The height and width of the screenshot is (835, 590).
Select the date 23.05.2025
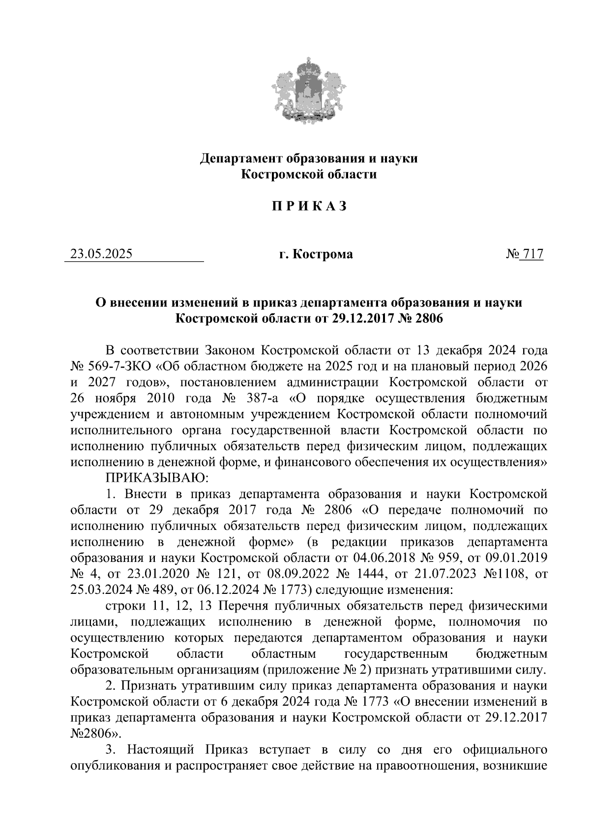pyautogui.click(x=101, y=254)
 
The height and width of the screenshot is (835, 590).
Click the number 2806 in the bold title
pyautogui.click(x=429, y=319)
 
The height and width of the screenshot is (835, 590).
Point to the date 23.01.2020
pyautogui.click(x=155, y=574)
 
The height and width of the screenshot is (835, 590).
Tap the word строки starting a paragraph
pyautogui.click(x=125, y=606)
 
